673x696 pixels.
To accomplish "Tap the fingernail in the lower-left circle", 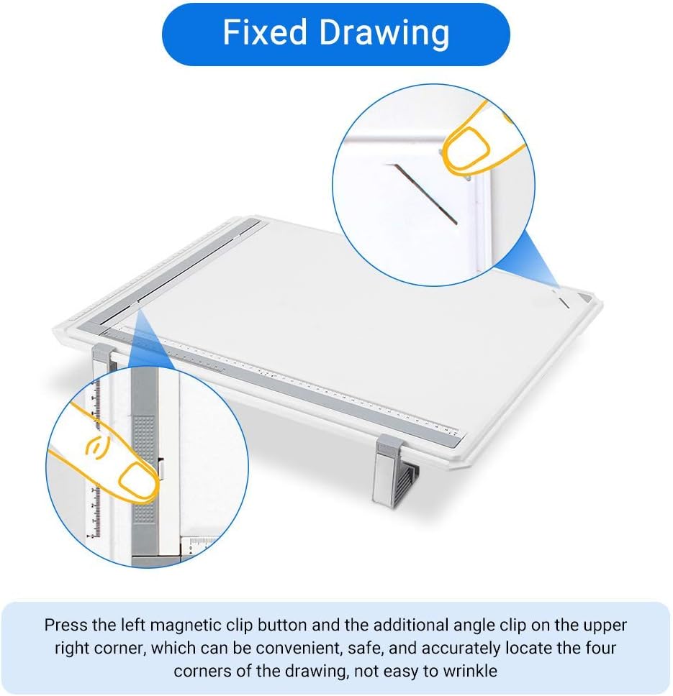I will (x=136, y=480).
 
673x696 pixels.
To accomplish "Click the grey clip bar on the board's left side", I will (x=187, y=273).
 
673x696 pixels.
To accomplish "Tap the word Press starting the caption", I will (x=66, y=625).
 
